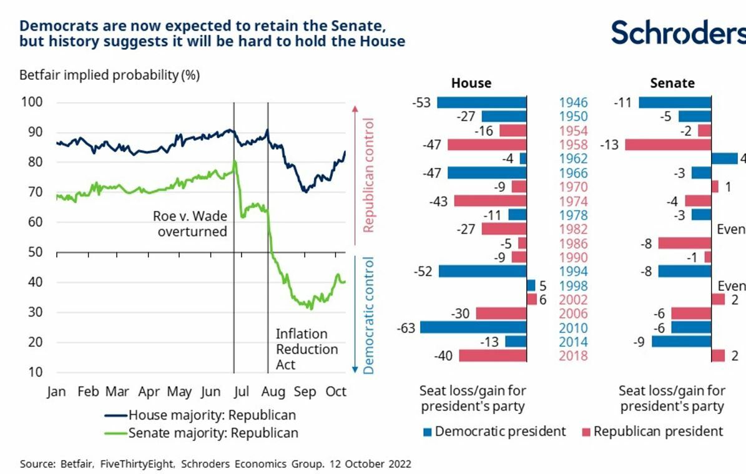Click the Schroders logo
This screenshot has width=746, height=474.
point(678,32)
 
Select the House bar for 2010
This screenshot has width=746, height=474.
point(473,328)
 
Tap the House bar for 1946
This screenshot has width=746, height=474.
point(481,102)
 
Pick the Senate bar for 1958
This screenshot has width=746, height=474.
point(668,145)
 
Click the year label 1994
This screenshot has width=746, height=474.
point(573,272)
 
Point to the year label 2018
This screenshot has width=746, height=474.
point(573,356)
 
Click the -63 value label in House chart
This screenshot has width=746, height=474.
point(406,328)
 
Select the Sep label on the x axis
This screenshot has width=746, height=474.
point(305,392)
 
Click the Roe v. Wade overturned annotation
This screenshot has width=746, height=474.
point(190,224)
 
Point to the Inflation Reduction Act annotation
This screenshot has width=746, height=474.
point(307,349)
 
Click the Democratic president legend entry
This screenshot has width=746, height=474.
point(494,432)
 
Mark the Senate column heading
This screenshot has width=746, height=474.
point(672,83)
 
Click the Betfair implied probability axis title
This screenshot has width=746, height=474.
point(109,76)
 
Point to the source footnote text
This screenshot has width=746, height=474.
point(215,465)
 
